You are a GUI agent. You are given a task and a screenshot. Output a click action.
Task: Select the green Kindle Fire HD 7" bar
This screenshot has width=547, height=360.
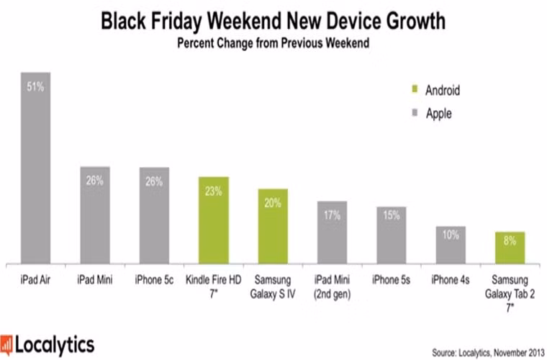214,220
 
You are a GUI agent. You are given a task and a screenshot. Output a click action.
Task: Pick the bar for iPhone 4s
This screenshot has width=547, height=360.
450,245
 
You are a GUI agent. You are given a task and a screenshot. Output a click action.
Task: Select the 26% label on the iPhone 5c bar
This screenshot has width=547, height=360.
154,181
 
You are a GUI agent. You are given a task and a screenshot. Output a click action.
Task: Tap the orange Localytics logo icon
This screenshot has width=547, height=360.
8,343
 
